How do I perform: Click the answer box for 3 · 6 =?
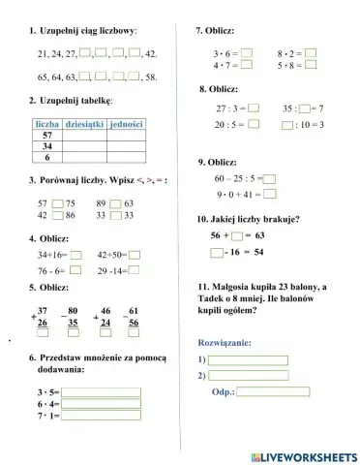(x=246, y=53)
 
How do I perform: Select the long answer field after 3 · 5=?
(x=101, y=393)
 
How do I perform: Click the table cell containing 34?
(x=47, y=146)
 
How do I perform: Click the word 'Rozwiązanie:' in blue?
(x=225, y=343)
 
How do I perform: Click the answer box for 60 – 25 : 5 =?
(x=270, y=178)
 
